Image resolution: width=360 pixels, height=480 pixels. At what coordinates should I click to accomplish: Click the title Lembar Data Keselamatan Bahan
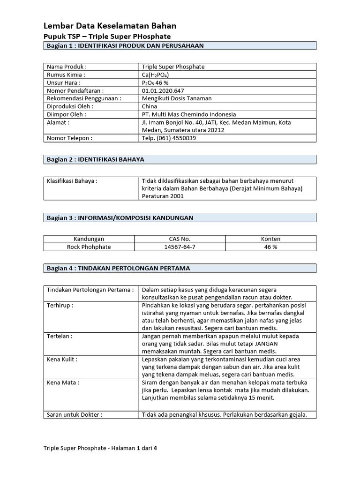click(x=110, y=26)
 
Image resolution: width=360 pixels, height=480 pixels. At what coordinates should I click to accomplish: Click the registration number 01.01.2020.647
click(x=163, y=90)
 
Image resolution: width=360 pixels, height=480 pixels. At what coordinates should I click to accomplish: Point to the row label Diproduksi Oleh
click(x=67, y=106)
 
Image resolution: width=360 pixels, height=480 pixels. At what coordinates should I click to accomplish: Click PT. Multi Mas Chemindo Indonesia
click(x=188, y=114)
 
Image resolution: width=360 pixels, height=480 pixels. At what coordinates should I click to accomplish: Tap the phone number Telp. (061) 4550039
click(x=169, y=138)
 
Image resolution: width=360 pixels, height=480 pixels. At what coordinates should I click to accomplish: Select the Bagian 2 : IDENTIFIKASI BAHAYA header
click(x=96, y=159)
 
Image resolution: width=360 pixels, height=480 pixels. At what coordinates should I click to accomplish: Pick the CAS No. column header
click(x=180, y=239)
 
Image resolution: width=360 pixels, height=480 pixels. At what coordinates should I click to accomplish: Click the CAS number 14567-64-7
click(x=180, y=247)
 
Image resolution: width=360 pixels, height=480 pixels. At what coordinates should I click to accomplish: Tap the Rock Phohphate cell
click(x=89, y=247)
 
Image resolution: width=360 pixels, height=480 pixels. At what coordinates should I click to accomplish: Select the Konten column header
click(x=270, y=239)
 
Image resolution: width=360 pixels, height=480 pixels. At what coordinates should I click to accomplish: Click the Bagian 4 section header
click(x=118, y=268)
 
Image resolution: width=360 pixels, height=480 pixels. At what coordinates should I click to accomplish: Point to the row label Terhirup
click(x=60, y=305)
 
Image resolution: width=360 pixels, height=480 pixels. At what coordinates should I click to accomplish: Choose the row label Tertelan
click(x=60, y=337)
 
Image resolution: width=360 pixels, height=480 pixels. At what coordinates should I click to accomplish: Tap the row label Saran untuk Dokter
click(x=75, y=415)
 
